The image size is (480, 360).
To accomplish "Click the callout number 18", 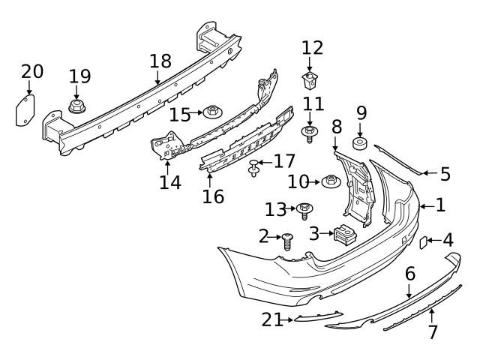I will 160,61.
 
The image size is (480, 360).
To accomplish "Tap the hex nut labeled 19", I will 76,106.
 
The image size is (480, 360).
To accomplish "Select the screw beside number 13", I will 304,209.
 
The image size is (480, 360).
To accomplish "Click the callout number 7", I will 433,331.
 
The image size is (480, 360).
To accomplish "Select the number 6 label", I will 409,274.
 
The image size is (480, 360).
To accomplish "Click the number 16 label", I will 213,196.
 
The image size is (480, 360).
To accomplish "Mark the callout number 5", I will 445,175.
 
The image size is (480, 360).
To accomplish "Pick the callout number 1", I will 440,204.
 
